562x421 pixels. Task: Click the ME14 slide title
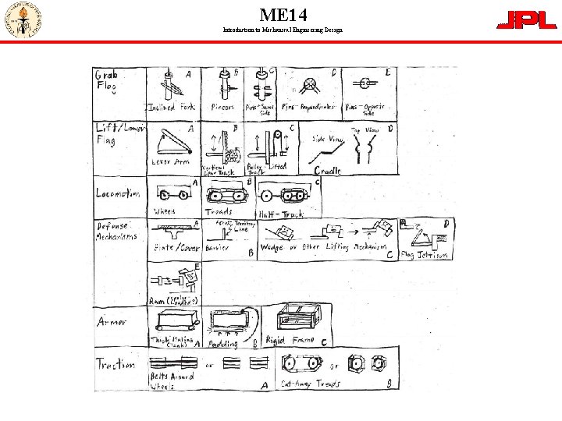(x=283, y=15)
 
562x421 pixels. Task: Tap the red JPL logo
(x=527, y=20)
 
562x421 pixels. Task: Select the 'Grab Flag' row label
(x=106, y=82)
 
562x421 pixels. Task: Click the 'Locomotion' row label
(x=118, y=193)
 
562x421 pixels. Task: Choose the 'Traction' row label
(x=115, y=363)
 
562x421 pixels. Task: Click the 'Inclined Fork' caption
(x=173, y=107)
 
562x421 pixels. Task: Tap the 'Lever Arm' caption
(x=170, y=162)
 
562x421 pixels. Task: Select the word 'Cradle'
(x=328, y=170)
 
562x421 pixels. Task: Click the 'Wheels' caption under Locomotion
(x=165, y=211)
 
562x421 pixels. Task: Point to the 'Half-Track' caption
(x=280, y=213)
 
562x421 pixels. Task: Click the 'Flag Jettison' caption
(x=425, y=255)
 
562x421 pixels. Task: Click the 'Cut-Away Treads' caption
(x=311, y=384)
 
